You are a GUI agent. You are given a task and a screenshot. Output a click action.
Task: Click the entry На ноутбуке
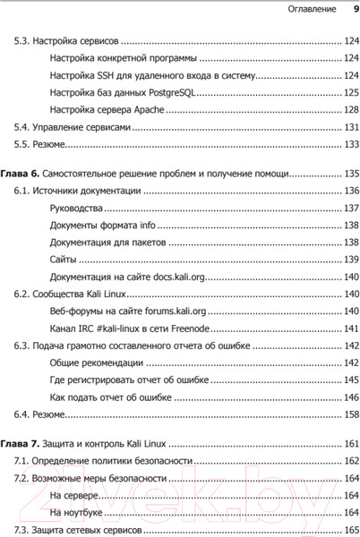pyautogui.click(x=76, y=512)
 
